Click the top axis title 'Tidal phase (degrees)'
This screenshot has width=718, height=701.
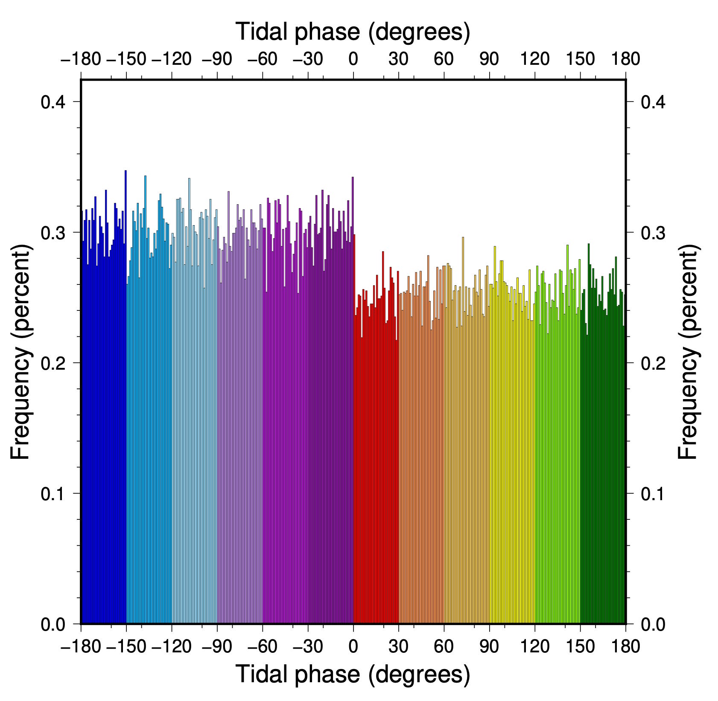[353, 32]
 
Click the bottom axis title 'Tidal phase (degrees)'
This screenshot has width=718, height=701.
[353, 674]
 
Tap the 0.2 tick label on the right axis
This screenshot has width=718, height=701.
[653, 363]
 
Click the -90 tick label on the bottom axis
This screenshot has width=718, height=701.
[217, 646]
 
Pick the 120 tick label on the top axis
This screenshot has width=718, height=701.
[534, 59]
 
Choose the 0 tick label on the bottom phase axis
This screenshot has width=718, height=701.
[353, 646]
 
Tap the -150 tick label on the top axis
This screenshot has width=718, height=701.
[126, 59]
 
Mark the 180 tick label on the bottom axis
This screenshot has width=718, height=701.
[625, 646]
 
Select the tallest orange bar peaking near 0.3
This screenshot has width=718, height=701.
[463, 426]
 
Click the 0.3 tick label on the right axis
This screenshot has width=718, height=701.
[653, 233]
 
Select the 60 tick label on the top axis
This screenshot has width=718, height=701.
[444, 59]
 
